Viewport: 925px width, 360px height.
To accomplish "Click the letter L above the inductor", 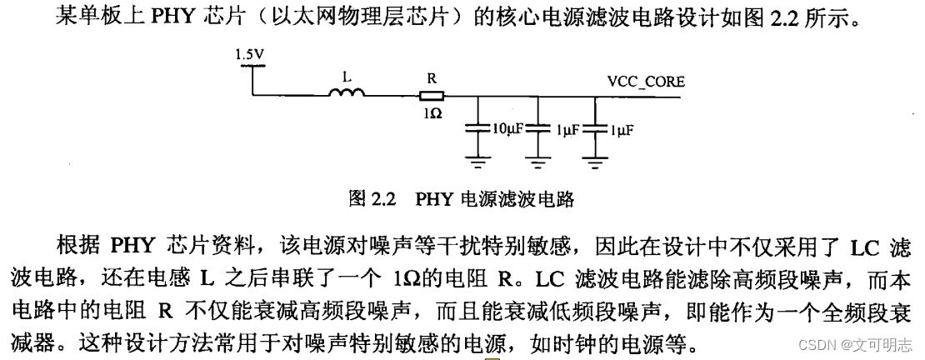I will pyautogui.click(x=347, y=76).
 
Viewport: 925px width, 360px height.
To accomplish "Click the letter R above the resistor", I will pyautogui.click(x=432, y=77).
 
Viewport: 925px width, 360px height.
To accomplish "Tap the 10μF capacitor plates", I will pyautogui.click(x=477, y=129).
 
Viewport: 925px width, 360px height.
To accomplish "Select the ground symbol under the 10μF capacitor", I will pyautogui.click(x=477, y=161).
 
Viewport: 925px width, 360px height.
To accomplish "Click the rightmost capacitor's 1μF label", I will pyautogui.click(x=621, y=130).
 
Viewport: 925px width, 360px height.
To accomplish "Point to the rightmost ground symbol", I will pyautogui.click(x=594, y=161).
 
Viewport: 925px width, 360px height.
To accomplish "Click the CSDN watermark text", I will pyautogui.click(x=849, y=343).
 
